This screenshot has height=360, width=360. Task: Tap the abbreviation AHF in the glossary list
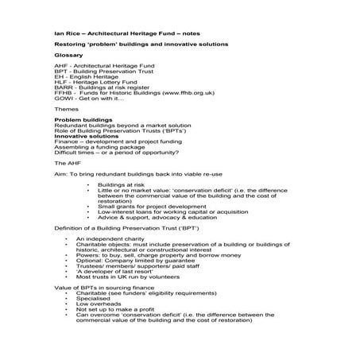[60, 68]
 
